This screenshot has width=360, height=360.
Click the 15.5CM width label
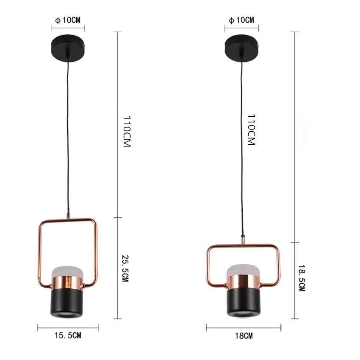[68, 335]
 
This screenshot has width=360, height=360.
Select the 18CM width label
[244, 336]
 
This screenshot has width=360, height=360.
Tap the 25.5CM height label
[125, 268]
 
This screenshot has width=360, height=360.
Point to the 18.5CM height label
[302, 278]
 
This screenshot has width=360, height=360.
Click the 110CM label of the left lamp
[127, 131]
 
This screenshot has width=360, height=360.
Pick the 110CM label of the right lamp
[252, 130]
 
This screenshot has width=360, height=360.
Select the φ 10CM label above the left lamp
[68, 20]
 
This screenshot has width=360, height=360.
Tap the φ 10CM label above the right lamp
[241, 20]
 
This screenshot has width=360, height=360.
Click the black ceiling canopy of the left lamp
[68, 48]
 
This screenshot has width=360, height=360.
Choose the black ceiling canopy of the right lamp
[241, 48]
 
